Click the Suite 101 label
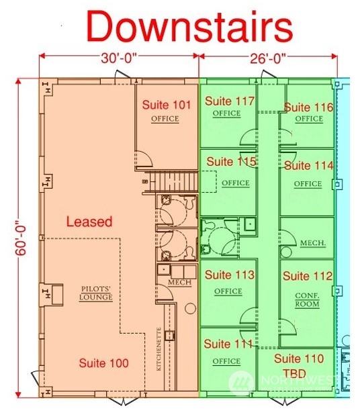(167, 105)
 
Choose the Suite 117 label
(230, 101)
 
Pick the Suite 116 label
(308, 107)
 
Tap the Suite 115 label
(231, 162)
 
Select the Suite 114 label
(308, 165)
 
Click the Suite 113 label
(230, 275)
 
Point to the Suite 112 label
(308, 276)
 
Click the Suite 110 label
(299, 359)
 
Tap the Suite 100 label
(103, 363)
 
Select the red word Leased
(89, 222)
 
